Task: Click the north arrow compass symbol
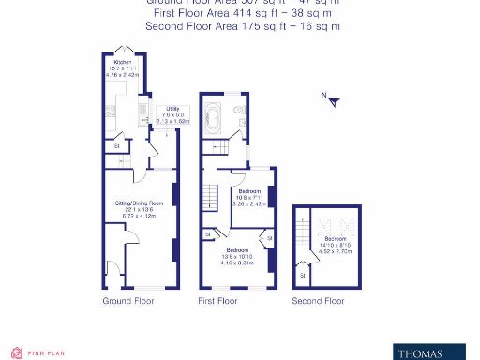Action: click(331, 98)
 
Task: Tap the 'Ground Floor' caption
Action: click(127, 302)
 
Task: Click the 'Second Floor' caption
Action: click(318, 302)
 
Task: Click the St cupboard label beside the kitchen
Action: click(117, 146)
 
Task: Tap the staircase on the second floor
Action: click(302, 234)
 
